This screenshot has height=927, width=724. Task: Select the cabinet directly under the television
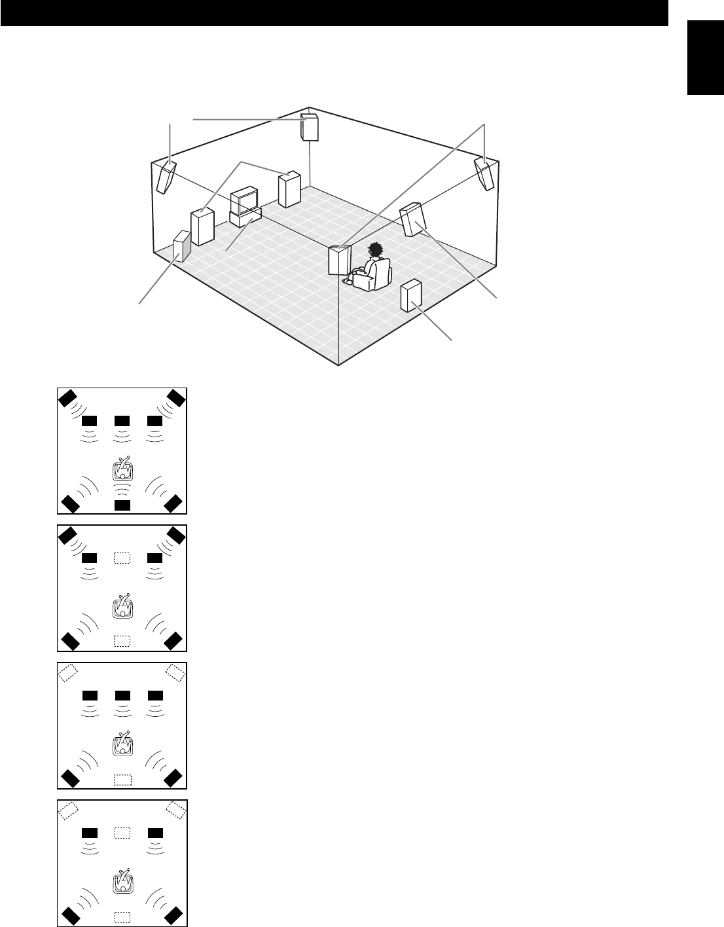coord(245,217)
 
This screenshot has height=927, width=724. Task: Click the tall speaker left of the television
coord(202,226)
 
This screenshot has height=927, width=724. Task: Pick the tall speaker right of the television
coord(289,189)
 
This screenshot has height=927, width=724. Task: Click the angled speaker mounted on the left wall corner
coord(166,176)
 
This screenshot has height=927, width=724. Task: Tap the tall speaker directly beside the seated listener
coord(340,260)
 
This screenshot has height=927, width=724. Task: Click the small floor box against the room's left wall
coord(181,246)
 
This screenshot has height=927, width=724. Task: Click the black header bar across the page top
coord(334,13)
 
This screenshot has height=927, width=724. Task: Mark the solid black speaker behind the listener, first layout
coord(122,505)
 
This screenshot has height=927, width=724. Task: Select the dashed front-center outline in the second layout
coord(122,558)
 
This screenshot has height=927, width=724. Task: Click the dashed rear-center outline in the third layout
coord(122,779)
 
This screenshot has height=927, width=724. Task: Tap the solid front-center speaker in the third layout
coord(122,695)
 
